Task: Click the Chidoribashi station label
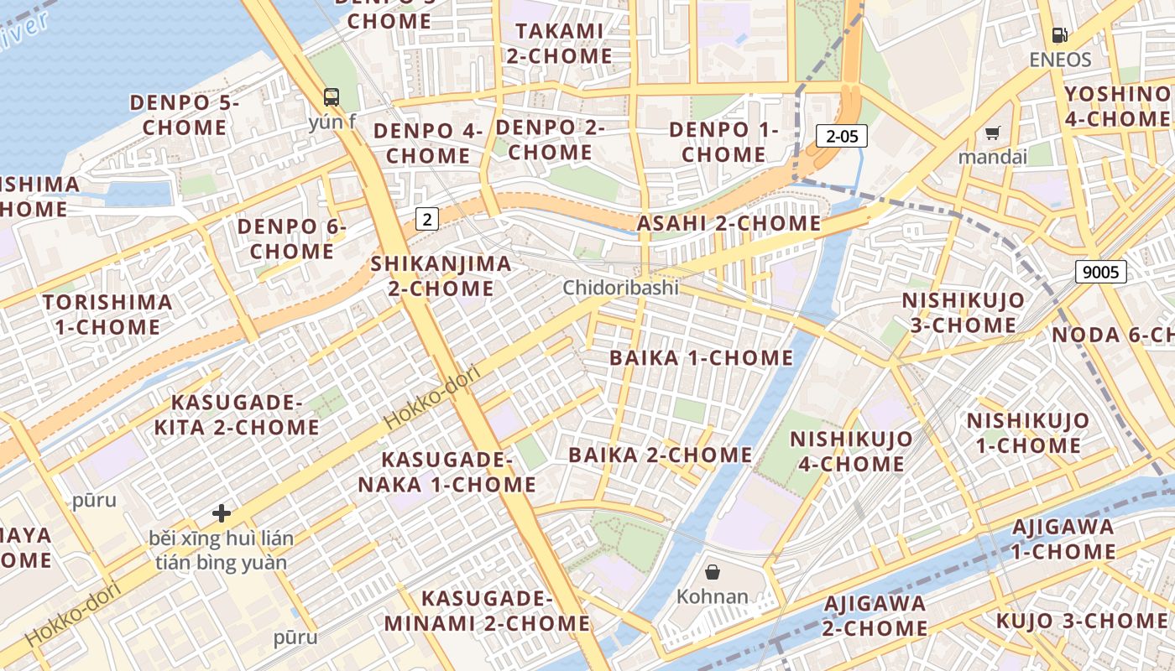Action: [620, 288]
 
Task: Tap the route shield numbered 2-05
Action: [841, 136]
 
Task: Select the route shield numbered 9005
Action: [1100, 271]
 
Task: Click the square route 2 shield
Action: [427, 220]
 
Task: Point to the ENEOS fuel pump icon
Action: [1061, 35]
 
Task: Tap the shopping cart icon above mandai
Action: [993, 133]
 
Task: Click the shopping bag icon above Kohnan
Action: [713, 572]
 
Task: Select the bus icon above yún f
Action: [332, 96]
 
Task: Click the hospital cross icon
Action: [222, 512]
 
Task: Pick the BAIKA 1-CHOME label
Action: [701, 358]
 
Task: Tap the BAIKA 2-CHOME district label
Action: [661, 455]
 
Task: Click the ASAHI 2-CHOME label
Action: [728, 223]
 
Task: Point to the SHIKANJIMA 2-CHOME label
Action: [441, 276]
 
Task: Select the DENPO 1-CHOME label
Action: [723, 142]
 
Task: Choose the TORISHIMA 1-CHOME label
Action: [107, 314]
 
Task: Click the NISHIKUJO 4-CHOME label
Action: [851, 451]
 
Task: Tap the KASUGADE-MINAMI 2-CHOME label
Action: [487, 611]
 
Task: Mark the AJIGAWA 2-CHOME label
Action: [875, 616]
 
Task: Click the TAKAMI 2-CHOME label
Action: [559, 44]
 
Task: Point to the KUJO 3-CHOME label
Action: [1081, 622]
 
